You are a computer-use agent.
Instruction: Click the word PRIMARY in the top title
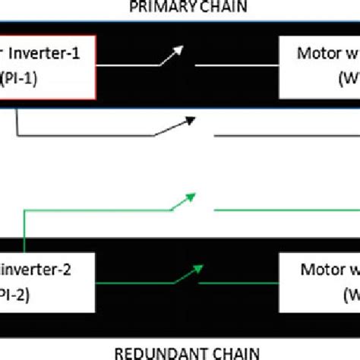[x=155, y=8]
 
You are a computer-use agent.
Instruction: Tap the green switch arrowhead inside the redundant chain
[x=199, y=267]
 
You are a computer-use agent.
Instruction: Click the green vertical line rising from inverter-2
[x=24, y=232]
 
